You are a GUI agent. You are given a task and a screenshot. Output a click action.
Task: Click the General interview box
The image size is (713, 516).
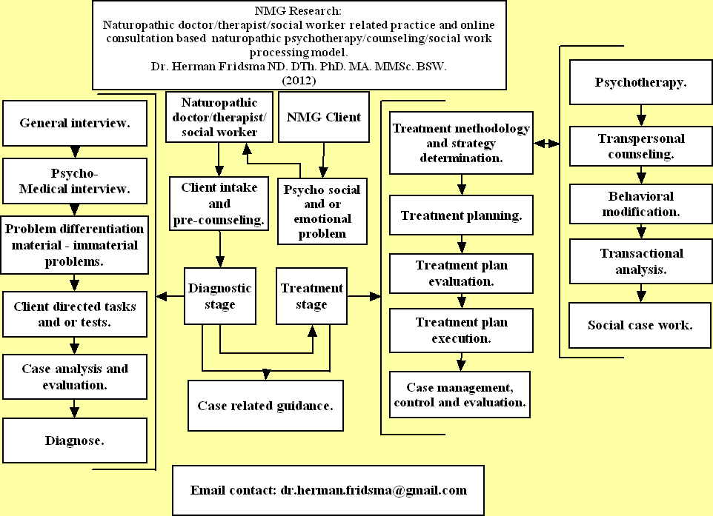coord(74,123)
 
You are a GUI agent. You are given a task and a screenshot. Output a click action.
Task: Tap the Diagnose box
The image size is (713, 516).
coord(74,440)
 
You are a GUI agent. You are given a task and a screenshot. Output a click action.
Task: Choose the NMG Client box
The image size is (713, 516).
coord(323,117)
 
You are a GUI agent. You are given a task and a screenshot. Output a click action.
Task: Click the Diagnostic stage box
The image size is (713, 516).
coord(219,296)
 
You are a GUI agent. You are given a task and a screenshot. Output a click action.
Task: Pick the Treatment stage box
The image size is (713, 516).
coord(312,296)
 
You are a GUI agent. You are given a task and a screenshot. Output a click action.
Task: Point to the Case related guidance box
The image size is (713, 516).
coord(265,406)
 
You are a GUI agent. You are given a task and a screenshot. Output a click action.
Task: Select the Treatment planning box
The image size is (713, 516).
coord(461,216)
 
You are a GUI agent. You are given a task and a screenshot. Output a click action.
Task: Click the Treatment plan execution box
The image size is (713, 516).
coord(461,330)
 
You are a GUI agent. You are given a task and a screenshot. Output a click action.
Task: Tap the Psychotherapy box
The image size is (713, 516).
coord(640,82)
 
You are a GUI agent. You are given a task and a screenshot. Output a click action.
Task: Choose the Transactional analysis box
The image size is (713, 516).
coord(640,261)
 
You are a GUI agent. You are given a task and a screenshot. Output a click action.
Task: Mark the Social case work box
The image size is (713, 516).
coord(640,325)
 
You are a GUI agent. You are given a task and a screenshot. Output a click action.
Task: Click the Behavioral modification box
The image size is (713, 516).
coord(640,204)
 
